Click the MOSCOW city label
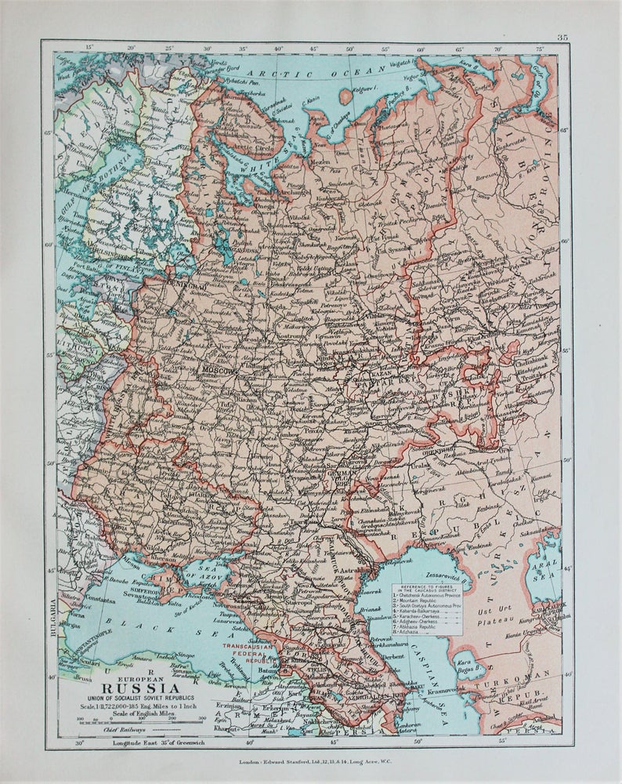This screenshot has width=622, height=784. point(219,368)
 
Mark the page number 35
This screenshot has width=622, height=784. point(562,37)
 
